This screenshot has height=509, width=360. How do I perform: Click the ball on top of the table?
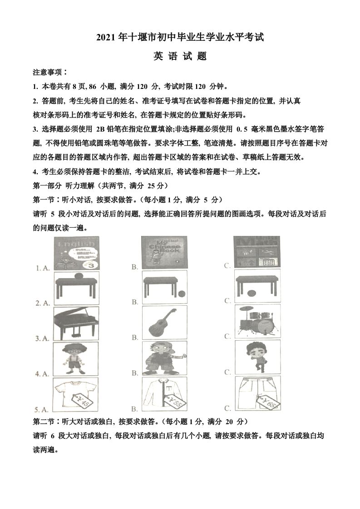[77, 276]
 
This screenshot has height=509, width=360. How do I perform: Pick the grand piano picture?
[76, 323]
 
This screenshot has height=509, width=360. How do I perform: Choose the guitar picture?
[164, 323]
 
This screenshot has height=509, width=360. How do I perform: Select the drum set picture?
[256, 322]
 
